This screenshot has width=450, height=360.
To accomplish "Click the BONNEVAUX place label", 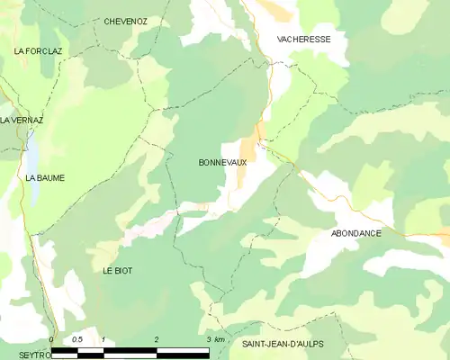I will [x=221, y=163].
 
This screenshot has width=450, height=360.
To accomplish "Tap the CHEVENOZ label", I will [x=126, y=21].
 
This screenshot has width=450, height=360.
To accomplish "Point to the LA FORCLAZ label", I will [x=37, y=51].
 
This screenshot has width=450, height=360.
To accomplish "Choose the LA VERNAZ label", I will [x=21, y=120].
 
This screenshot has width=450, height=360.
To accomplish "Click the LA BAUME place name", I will [x=44, y=178].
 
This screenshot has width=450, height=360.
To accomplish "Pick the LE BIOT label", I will [x=118, y=270].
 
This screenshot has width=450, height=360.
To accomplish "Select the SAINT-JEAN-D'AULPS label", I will [x=283, y=344].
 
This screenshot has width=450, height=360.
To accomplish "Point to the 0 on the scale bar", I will [x=52, y=338].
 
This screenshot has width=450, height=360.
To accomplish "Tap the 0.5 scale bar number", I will [x=77, y=338].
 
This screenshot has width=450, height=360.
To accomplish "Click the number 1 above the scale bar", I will [x=104, y=338].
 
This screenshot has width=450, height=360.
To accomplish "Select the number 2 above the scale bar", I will [x=157, y=338].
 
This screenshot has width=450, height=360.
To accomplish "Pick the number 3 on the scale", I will [x=208, y=338].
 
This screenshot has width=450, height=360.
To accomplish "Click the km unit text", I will [x=219, y=338].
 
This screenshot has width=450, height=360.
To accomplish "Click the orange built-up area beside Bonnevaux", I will [x=247, y=162].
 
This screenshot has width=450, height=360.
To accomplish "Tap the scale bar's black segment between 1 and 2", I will [x=130, y=349].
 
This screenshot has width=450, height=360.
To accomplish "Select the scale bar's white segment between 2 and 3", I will [x=183, y=349].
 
